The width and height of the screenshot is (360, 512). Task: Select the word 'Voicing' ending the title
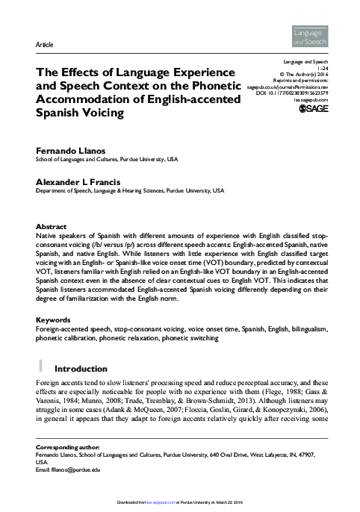94,115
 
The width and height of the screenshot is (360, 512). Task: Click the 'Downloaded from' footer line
179,505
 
